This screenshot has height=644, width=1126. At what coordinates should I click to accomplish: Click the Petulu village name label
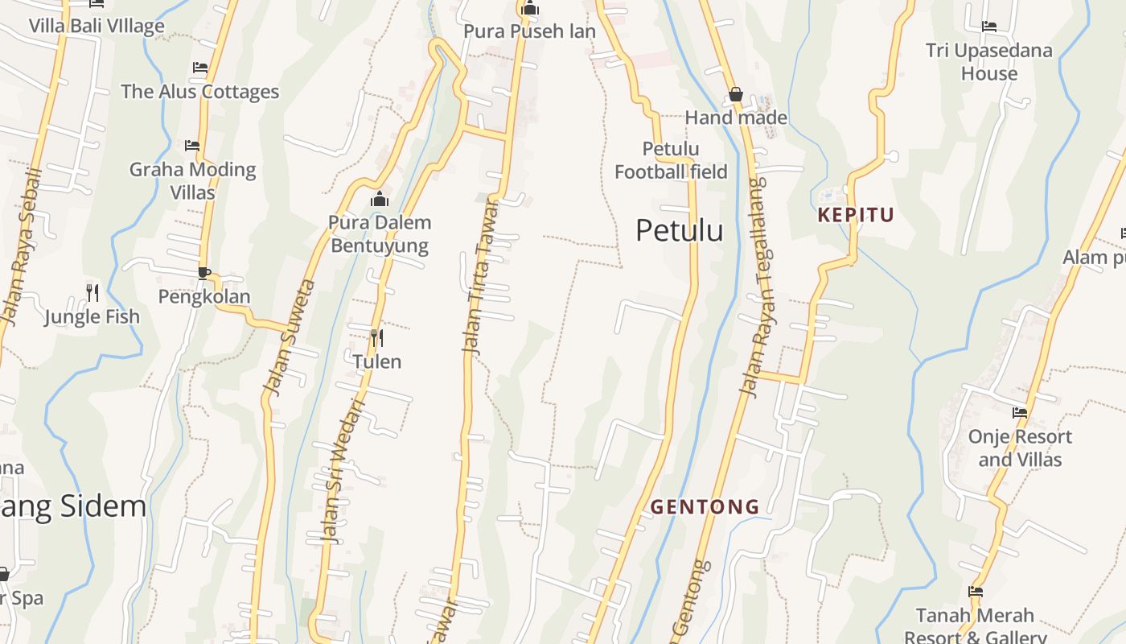pyautogui.click(x=679, y=231)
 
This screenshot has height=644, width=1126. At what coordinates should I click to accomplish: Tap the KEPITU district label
pyautogui.click(x=856, y=215)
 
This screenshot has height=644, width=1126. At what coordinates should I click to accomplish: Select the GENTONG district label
pyautogui.click(x=705, y=506)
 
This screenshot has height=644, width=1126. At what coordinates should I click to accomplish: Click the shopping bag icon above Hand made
pyautogui.click(x=735, y=95)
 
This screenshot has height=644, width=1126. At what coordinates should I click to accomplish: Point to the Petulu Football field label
pyautogui.click(x=671, y=160)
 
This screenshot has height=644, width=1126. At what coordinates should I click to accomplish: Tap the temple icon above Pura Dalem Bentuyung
pyautogui.click(x=380, y=199)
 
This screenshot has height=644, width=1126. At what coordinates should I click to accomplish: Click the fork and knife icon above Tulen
pyautogui.click(x=376, y=337)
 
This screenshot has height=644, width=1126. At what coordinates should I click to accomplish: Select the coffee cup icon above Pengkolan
pyautogui.click(x=203, y=273)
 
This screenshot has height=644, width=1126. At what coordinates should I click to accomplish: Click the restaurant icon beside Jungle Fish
pyautogui.click(x=92, y=292)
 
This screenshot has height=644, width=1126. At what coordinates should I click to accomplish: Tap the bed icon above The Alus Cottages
pyautogui.click(x=200, y=68)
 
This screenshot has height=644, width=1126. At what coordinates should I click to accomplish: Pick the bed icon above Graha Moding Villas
pyautogui.click(x=192, y=146)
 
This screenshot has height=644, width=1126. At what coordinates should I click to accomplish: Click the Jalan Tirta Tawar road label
pyautogui.click(x=480, y=275)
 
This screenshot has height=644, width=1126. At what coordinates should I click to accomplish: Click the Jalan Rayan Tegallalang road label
pyautogui.click(x=753, y=287)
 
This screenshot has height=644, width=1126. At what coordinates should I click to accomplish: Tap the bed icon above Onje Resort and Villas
pyautogui.click(x=1020, y=413)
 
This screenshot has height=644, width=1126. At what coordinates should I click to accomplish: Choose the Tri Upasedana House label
pyautogui.click(x=988, y=62)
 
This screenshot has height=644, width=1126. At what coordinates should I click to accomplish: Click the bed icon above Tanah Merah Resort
pyautogui.click(x=976, y=592)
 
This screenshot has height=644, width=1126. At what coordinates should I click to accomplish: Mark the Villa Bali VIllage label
pyautogui.click(x=97, y=26)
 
